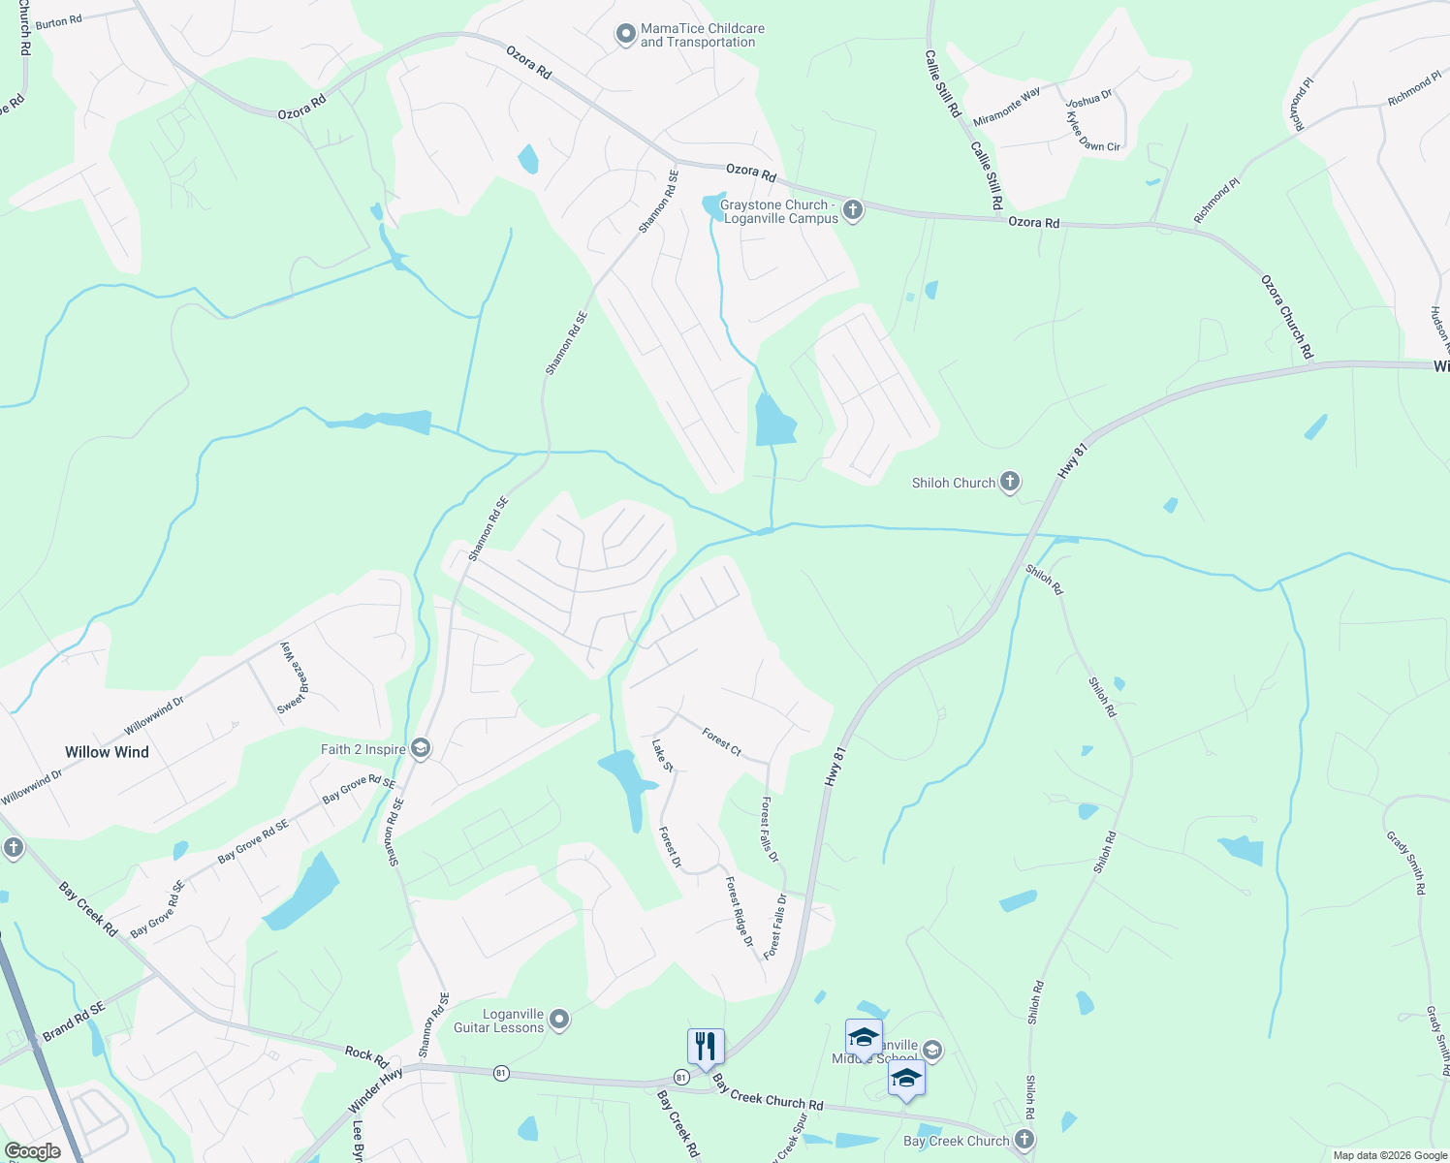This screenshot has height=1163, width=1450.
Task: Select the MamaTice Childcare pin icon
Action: (x=626, y=35)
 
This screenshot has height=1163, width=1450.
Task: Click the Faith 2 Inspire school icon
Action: (x=420, y=748)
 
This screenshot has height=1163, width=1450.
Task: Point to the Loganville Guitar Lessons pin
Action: (x=558, y=1019)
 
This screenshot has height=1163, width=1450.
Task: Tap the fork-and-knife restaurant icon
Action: (x=706, y=1047)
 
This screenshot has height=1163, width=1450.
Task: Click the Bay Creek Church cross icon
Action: (x=1024, y=1140)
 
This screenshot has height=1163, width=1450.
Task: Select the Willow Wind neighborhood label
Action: (x=107, y=752)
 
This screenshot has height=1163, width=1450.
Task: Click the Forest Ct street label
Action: (x=722, y=742)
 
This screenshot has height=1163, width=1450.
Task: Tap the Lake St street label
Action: (x=662, y=756)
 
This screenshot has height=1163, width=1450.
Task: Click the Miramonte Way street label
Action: (x=1007, y=106)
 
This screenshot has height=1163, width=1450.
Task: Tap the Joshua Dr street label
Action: (x=1088, y=99)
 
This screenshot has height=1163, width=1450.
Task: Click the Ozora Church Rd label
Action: (x=1287, y=317)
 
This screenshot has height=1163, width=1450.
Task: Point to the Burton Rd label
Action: (x=58, y=21)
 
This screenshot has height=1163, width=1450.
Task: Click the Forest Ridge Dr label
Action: (x=740, y=911)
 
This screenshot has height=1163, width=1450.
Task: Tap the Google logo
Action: (x=32, y=1151)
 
